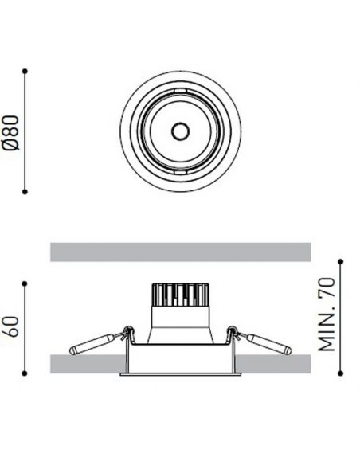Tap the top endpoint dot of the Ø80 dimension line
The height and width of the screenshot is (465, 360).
coord(26,72)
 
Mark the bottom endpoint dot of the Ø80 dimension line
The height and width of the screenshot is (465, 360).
coord(26,191)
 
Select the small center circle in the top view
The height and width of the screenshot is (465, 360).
coord(179,131)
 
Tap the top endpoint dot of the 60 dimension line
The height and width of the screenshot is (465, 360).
coord(26,281)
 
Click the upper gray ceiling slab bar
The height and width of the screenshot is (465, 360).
coord(180,251)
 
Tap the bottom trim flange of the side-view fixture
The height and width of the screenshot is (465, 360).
coord(180,373)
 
